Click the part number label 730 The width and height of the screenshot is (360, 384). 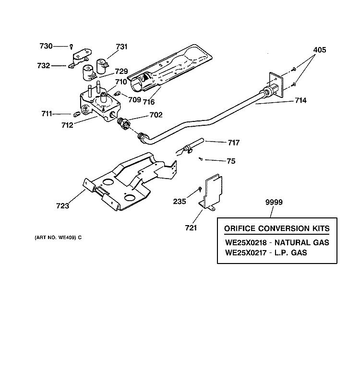pyautogui.click(x=46, y=46)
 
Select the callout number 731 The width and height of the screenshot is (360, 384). pyautogui.click(x=121, y=47)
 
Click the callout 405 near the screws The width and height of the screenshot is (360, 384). pyautogui.click(x=320, y=49)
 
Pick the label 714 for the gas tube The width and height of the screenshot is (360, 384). pyautogui.click(x=301, y=101)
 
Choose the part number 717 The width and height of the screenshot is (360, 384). pyautogui.click(x=233, y=143)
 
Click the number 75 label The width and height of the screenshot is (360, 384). pyautogui.click(x=231, y=161)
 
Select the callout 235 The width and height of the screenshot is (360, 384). pyautogui.click(x=180, y=201)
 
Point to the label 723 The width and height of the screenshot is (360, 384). pyautogui.click(x=62, y=206)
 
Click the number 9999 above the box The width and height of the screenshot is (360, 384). pyautogui.click(x=275, y=203)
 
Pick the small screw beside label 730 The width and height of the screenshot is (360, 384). pyautogui.click(x=71, y=46)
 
